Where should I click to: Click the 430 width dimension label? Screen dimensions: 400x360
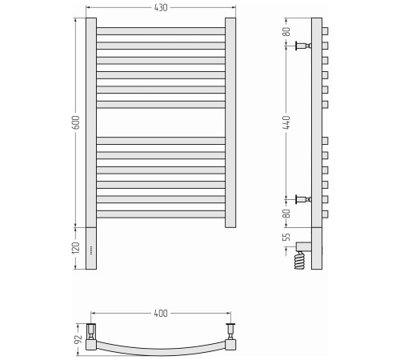[161, 8]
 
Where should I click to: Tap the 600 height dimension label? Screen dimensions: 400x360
[76, 122]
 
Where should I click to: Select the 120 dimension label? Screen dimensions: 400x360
[76, 248]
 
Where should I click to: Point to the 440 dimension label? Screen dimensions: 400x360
[286, 122]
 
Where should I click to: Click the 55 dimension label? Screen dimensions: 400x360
[286, 237]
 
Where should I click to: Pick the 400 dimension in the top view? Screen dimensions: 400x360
[161, 314]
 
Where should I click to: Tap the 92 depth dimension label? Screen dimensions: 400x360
[78, 339]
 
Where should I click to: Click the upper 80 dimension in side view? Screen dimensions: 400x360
[286, 32]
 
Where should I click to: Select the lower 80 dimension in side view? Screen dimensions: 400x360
[286, 214]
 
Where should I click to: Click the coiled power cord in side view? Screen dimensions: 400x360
[299, 260]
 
